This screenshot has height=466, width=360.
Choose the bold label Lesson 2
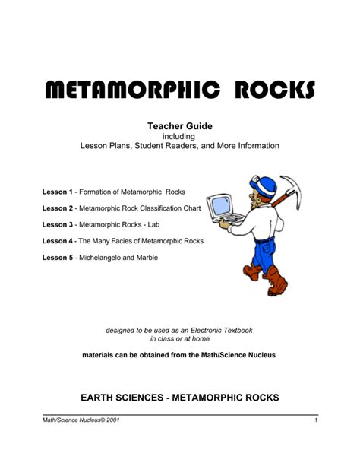pos(60,208)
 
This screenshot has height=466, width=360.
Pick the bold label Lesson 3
pos(60,224)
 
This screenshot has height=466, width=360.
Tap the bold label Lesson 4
pos(60,241)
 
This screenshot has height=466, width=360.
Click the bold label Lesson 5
pos(60,258)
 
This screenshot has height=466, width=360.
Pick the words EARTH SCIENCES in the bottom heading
pos(117,397)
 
